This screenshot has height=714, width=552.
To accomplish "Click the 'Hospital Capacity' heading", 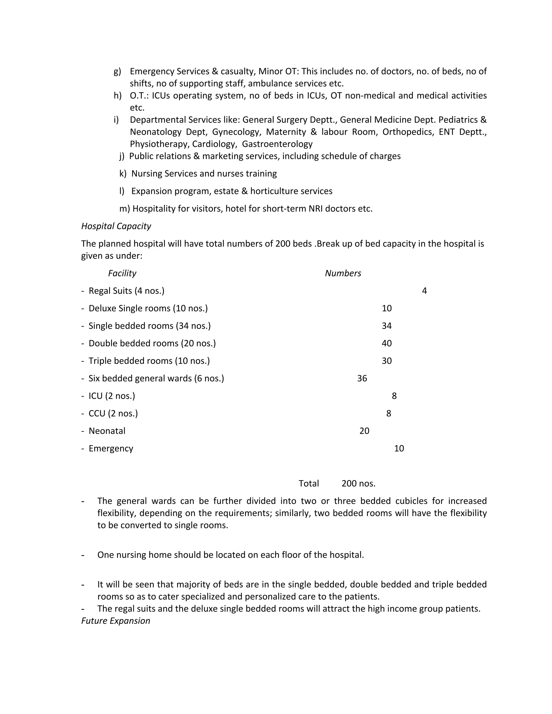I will point(116,226).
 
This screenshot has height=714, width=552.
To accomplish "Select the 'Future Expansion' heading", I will point(115,621).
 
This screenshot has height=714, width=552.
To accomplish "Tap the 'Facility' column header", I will point(122,273).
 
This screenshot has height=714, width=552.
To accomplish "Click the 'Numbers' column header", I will point(343,273).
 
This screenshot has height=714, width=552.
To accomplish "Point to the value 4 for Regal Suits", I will point(424,291).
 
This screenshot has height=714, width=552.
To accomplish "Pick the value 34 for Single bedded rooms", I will point(387,326).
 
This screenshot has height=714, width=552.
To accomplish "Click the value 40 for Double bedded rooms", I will point(387,343).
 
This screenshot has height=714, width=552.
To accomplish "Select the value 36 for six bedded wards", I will point(362,379).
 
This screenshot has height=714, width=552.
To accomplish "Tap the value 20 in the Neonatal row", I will point(364,431).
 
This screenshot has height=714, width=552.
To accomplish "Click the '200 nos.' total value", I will point(358,484).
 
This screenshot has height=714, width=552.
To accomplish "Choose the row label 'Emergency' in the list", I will point(111,449).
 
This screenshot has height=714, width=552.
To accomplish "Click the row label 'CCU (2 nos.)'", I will point(113,414).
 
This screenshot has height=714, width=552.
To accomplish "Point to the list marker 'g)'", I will point(117,72).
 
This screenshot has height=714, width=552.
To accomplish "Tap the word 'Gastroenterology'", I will point(277,144).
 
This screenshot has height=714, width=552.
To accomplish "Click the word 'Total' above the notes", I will point(308,484).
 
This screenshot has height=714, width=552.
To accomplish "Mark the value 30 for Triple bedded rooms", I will point(387,361).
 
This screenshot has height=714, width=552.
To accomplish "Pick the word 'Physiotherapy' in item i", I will point(159,144).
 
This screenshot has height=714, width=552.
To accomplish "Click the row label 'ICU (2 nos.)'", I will point(112,396).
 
